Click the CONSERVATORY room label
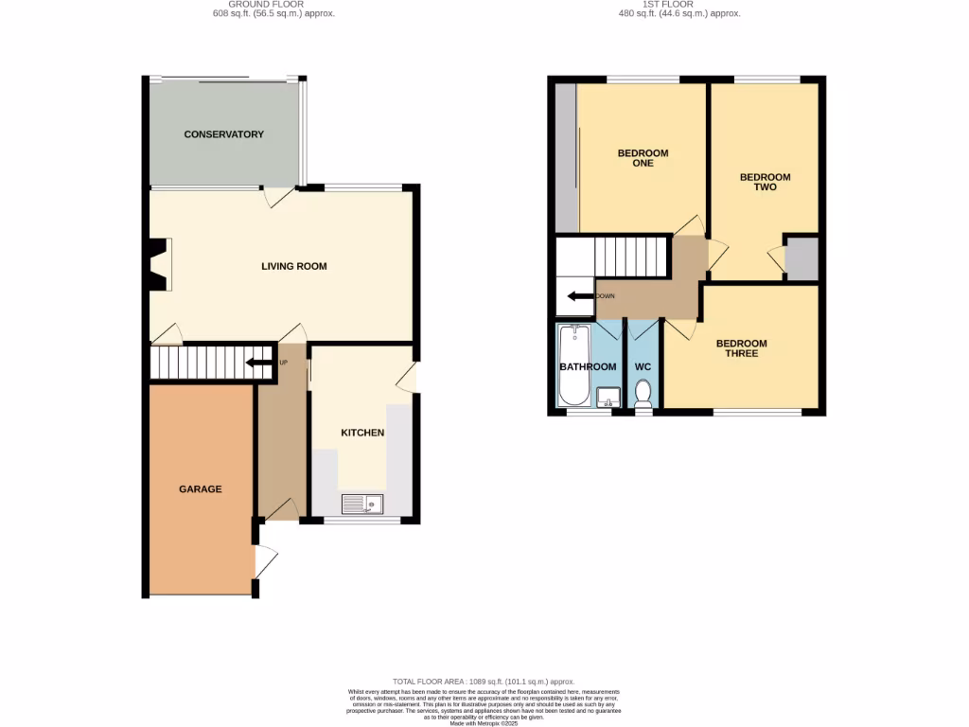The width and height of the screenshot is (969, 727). click(x=223, y=134)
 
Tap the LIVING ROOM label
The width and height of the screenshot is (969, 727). click(x=293, y=266)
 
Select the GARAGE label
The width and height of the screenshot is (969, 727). click(x=201, y=489)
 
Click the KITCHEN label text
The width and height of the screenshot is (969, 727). click(x=362, y=433)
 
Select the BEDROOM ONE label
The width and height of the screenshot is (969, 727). click(x=643, y=158)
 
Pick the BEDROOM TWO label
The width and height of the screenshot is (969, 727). click(x=765, y=182)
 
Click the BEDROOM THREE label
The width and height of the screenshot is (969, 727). click(x=741, y=348)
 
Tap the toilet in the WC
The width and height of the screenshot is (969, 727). click(x=643, y=391)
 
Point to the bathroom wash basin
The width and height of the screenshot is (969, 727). click(x=608, y=397)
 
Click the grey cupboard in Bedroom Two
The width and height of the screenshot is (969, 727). click(x=802, y=257)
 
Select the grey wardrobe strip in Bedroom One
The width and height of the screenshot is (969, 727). click(x=565, y=157)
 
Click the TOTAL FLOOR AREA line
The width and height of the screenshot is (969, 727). click(x=484, y=682)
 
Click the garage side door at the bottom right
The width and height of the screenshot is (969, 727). click(x=264, y=564)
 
